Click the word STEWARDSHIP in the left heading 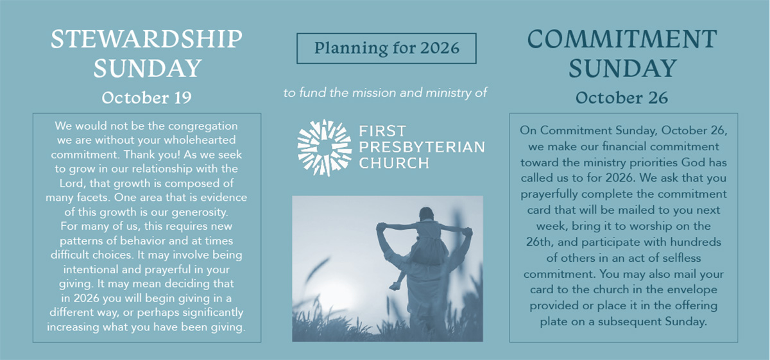point(147,39)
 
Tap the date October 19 point(147,98)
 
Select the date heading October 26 point(622,98)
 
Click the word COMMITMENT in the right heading point(622,39)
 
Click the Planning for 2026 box point(386,48)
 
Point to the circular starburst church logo point(324,148)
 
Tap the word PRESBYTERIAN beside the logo point(422,147)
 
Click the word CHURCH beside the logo point(394,163)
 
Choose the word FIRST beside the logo point(382,131)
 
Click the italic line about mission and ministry point(386,92)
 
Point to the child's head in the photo point(426,214)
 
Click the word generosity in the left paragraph point(200,212)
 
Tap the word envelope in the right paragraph point(681,289)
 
